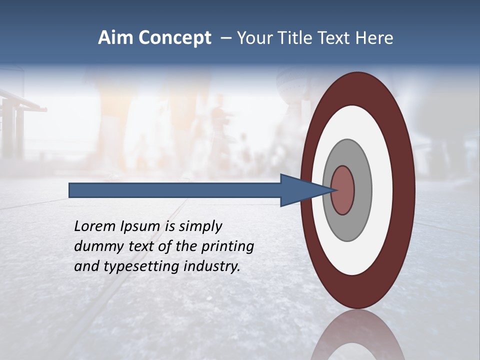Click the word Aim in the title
(x=116, y=38)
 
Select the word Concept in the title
(x=175, y=38)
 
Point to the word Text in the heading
(x=335, y=38)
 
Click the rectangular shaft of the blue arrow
(x=175, y=190)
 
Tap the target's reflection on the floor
(x=357, y=337)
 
